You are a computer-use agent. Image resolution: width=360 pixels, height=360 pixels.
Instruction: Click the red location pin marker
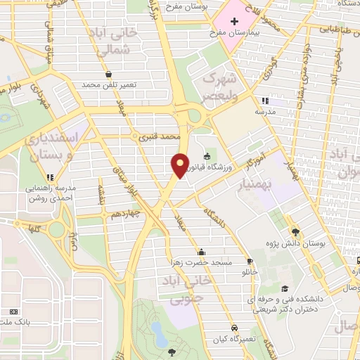point(180,165)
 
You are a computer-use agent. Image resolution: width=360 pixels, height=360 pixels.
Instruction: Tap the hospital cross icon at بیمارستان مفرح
point(234,21)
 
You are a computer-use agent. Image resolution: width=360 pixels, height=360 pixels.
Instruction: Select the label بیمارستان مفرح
point(236,33)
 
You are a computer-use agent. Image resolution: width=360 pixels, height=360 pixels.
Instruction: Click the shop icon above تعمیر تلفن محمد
point(108,74)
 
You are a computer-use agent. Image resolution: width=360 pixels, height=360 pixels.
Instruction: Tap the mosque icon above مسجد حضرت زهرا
point(202,252)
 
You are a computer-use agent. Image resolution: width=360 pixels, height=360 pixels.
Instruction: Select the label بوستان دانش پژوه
point(295,243)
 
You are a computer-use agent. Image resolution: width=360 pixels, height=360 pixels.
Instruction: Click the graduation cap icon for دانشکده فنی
point(284,288)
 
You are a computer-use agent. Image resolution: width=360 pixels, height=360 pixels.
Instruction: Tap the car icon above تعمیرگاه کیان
point(234,328)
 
